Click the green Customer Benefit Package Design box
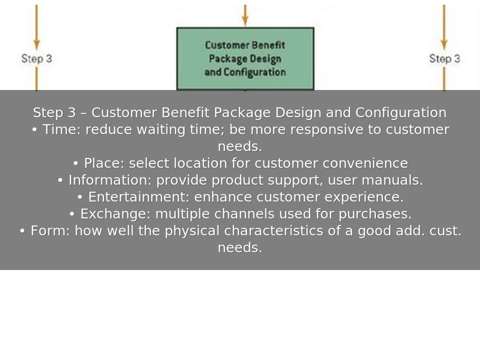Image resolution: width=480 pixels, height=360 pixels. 245,59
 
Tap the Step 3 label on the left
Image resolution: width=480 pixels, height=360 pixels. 37,59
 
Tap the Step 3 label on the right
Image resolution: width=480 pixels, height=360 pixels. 444,59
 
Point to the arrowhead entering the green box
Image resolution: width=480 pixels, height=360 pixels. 245,21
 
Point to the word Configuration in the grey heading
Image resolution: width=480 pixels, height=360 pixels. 401,113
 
